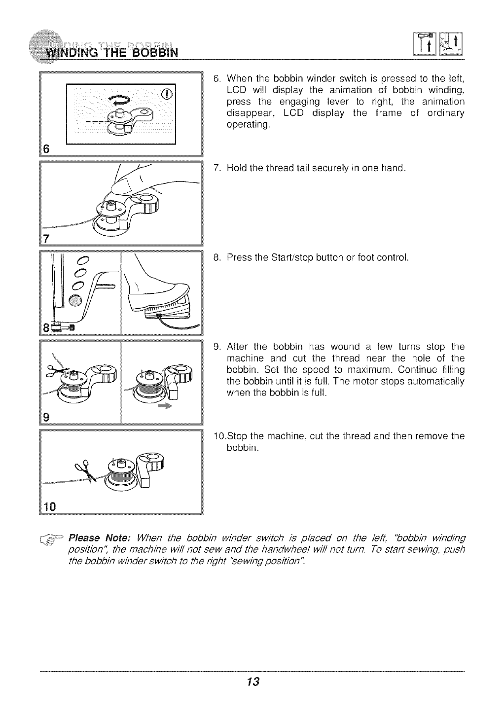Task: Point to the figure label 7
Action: pyautogui.click(x=47, y=239)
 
